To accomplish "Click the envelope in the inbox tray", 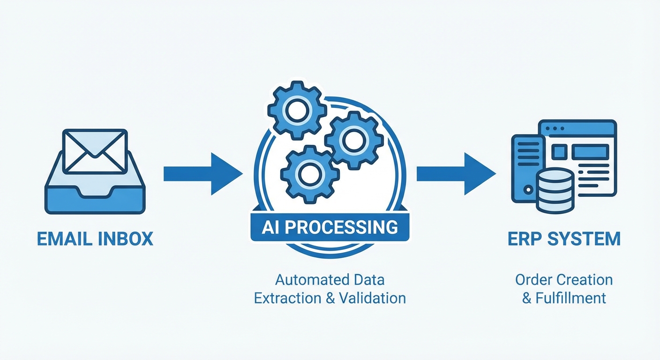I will (x=95, y=151).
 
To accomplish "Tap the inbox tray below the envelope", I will (x=95, y=199).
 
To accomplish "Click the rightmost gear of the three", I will (x=353, y=137).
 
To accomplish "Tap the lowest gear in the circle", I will (x=309, y=174).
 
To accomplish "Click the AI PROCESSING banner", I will (x=330, y=227).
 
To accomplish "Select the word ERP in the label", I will (x=521, y=239).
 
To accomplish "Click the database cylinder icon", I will (x=555, y=191).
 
